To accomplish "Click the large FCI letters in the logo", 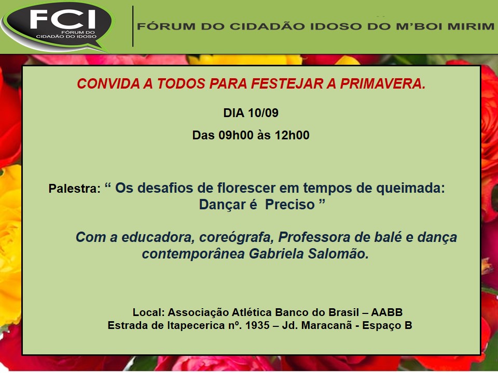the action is tap(63, 19).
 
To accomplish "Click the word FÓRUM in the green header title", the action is tap(166, 26).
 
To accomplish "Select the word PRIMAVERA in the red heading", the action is tap(383, 84).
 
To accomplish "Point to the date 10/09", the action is tap(264, 113).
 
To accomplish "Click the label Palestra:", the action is tap(74, 189).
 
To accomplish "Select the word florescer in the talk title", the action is tap(246, 188).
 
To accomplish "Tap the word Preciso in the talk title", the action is tap(289, 205).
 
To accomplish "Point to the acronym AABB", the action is tap(386, 312).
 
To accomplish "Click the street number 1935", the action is tap(257, 325).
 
